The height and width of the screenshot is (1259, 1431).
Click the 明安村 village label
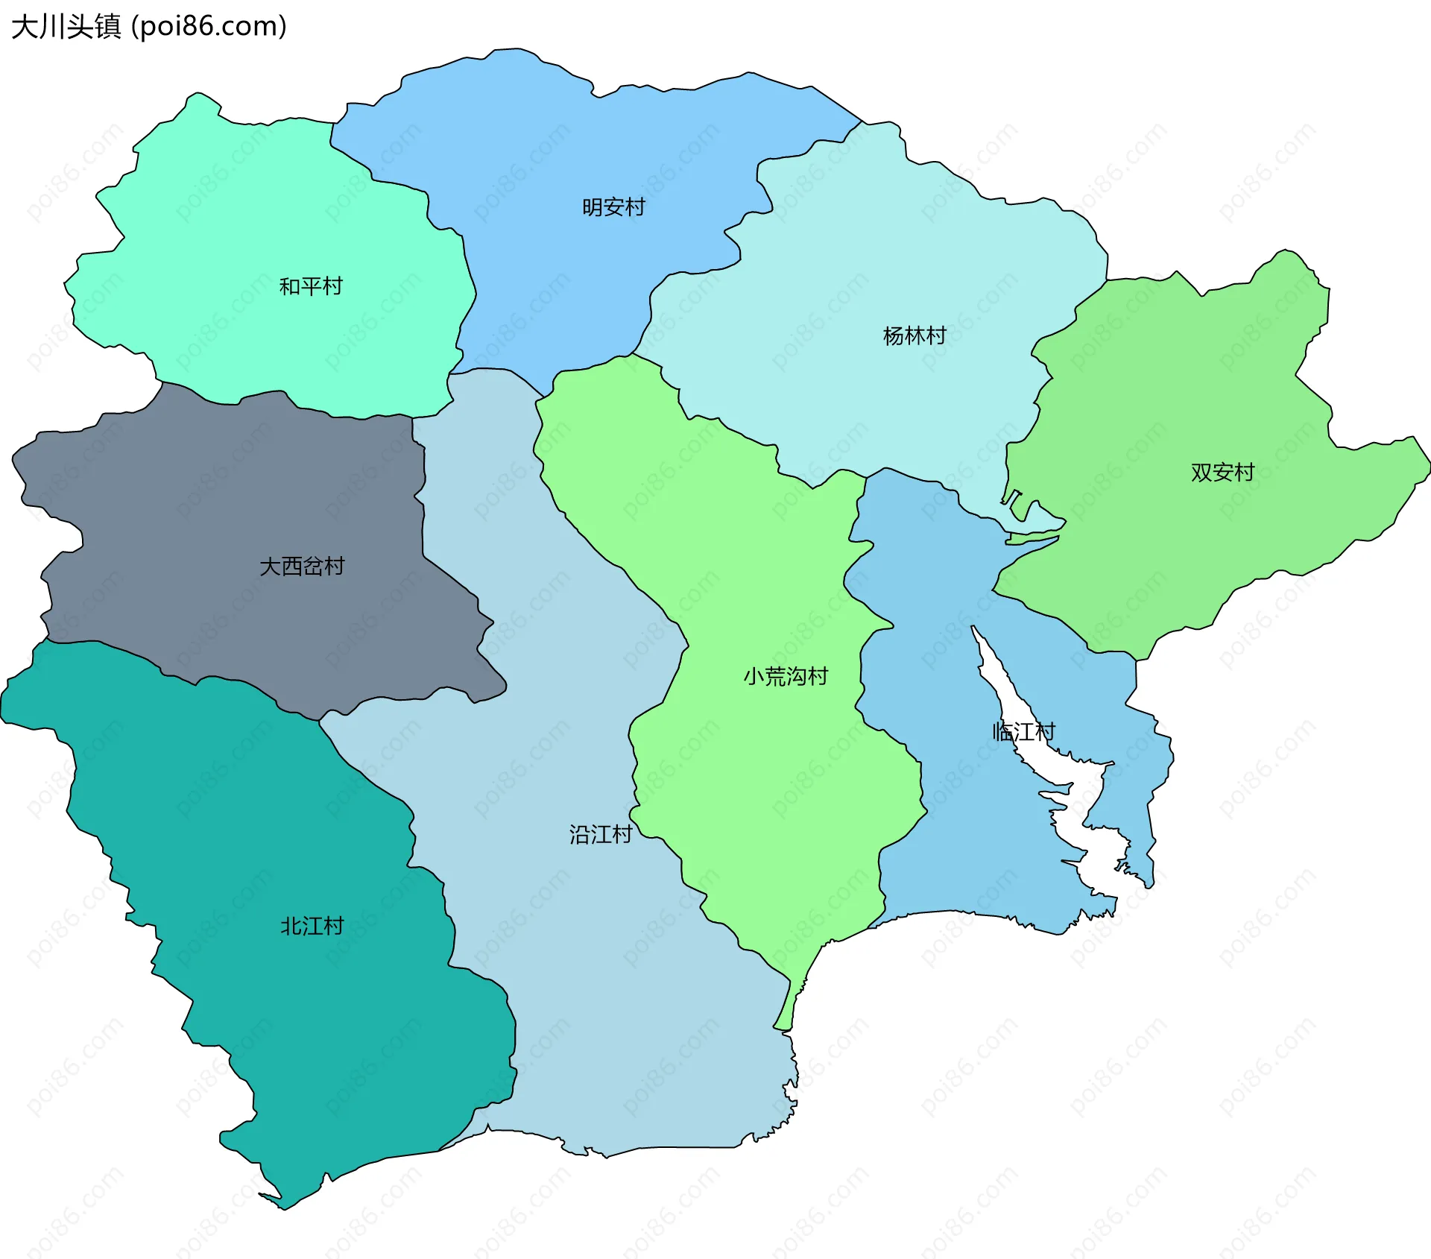coord(613,207)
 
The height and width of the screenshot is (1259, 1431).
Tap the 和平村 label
coord(311,286)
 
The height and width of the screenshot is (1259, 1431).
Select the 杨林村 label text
coord(914,336)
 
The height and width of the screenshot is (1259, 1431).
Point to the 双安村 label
coord(1222,473)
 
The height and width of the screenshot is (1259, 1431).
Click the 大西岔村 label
coord(302,567)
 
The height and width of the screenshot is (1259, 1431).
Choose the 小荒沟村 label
coord(786,677)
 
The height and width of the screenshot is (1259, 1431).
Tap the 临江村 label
coord(1024,732)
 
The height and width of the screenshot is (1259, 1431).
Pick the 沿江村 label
coord(601,834)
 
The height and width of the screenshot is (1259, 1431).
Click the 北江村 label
coord(312,927)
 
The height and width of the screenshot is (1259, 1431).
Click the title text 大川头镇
coord(66,27)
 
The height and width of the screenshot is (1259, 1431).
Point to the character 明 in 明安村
coord(593,207)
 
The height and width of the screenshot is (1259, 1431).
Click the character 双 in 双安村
coord(1201,473)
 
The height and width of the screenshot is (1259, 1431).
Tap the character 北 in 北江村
coord(291,927)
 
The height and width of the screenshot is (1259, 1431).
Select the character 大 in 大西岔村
coord(270,567)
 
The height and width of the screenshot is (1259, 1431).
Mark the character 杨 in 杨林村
coord(894,336)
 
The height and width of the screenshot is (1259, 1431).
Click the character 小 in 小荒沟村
coord(754,677)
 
